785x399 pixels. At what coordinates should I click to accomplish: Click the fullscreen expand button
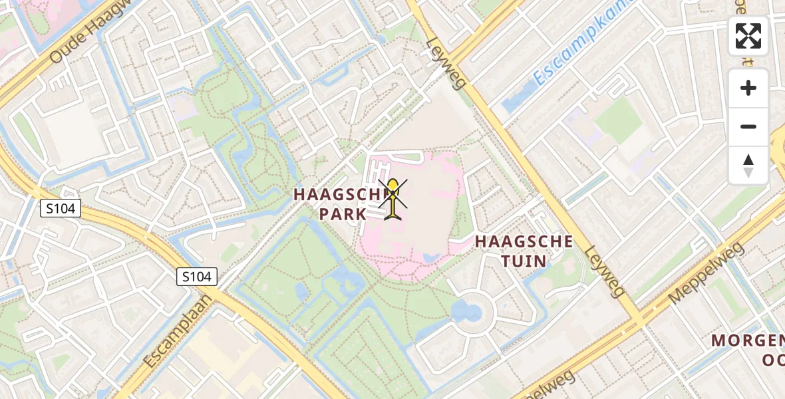[748, 35]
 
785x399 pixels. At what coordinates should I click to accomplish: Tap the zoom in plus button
[748, 88]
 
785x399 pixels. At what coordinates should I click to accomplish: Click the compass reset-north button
[748, 166]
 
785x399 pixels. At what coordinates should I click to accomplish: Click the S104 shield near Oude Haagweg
[60, 209]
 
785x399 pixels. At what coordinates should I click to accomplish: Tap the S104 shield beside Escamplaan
[197, 277]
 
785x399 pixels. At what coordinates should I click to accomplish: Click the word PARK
[343, 214]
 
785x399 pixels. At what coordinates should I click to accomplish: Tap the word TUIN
[524, 261]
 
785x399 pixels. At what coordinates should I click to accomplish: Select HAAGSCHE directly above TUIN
[524, 241]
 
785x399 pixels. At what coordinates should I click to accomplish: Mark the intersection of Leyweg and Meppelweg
[641, 319]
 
